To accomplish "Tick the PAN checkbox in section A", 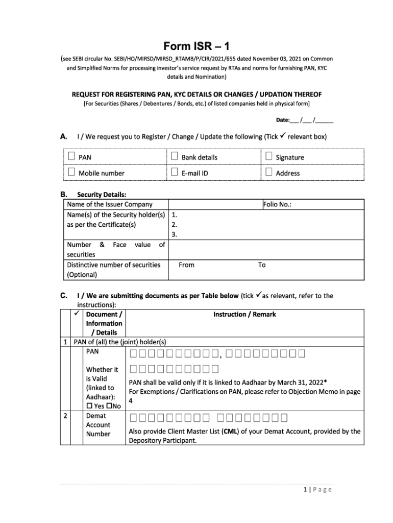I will [x=71, y=157].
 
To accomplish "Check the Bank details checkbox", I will [x=174, y=157].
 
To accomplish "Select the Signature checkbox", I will [x=269, y=157].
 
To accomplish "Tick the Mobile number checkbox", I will [x=71, y=172].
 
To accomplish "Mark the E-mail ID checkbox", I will [x=174, y=172].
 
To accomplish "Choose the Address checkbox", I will [x=269, y=172].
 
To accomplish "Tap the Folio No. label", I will [x=277, y=204].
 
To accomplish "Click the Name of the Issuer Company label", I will [x=102, y=204].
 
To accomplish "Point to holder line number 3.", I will [x=174, y=234].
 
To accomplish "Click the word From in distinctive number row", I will [x=186, y=265].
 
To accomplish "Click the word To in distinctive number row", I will [x=261, y=265].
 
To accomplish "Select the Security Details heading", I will [x=102, y=194].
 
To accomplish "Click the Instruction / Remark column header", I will [x=244, y=314].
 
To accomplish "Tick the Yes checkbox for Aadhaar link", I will [x=89, y=406].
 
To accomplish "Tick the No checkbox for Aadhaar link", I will [x=109, y=406].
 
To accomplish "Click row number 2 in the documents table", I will [x=65, y=416].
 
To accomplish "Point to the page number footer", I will [x=317, y=490].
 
